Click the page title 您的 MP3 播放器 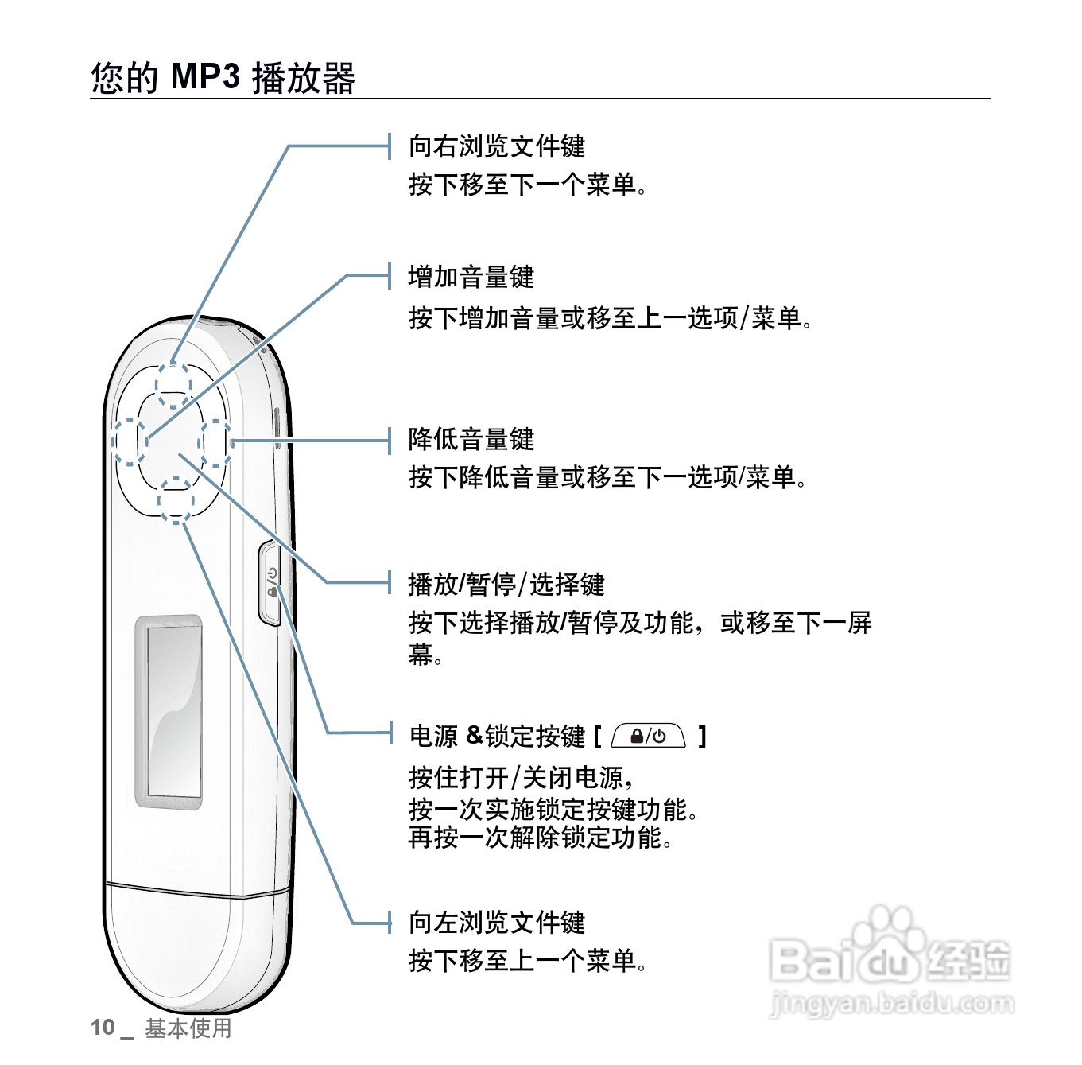[x=223, y=78]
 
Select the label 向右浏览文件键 [x=496, y=146]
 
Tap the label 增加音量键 [x=471, y=277]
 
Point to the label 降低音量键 [x=471, y=439]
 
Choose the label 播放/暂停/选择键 [x=506, y=585]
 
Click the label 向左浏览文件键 [x=496, y=923]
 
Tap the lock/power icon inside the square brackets [x=648, y=737]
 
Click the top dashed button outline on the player [x=173, y=385]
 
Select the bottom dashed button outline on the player [x=176, y=499]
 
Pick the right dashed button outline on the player [x=215, y=444]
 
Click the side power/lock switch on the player [x=270, y=583]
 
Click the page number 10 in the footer [x=103, y=1028]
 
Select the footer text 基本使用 [x=188, y=1028]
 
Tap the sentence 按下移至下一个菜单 [x=526, y=185]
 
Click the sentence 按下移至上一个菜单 [x=526, y=961]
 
